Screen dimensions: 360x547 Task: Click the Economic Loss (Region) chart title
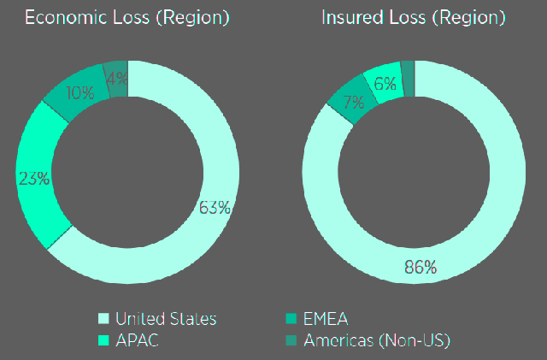click(x=127, y=18)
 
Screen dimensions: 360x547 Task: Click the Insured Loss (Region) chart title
click(x=413, y=18)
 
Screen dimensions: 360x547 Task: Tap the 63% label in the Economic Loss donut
click(x=215, y=207)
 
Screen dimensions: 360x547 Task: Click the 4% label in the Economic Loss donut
click(x=117, y=76)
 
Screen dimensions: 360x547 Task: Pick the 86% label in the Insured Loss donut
click(x=420, y=267)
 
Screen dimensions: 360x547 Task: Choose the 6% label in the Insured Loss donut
click(x=385, y=83)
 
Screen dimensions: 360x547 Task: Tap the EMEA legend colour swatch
click(x=290, y=319)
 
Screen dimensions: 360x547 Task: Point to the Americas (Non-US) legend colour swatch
click(x=290, y=339)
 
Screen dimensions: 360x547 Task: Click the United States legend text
click(x=166, y=319)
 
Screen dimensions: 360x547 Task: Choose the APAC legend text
click(x=138, y=339)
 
